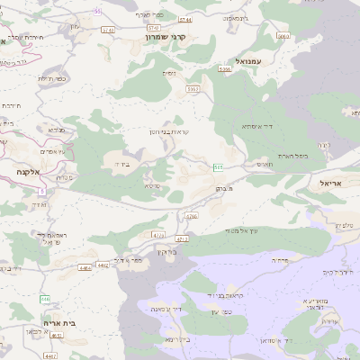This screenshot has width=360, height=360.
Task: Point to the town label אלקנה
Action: (21, 171)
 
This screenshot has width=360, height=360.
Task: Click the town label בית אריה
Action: (60, 320)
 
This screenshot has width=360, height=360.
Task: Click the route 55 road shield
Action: (97, 11)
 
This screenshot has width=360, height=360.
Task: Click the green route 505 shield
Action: (219, 167)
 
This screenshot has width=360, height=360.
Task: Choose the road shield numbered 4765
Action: (190, 217)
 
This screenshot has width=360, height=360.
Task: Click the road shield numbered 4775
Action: (159, 234)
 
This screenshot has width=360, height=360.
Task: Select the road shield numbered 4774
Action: (182, 239)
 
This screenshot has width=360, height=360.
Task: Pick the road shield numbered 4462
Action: (103, 265)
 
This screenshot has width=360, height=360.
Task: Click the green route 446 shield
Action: (44, 298)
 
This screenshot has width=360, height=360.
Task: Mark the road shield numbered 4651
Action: (57, 335)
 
